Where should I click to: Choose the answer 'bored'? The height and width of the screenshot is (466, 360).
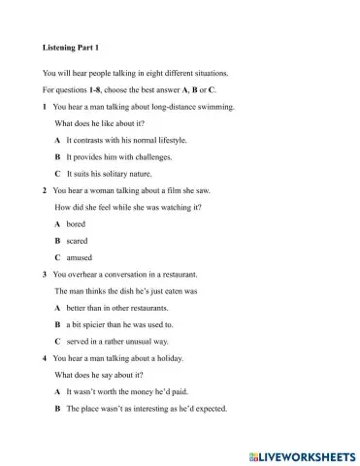[76, 223]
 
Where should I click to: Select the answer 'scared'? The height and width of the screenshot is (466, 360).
[77, 241]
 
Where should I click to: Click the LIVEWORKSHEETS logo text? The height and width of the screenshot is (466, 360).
[303, 452]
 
